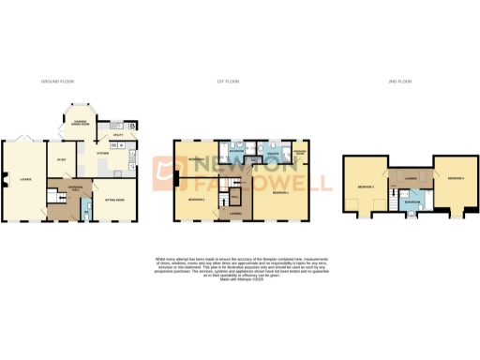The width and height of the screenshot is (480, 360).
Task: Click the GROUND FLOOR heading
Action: click(56, 82)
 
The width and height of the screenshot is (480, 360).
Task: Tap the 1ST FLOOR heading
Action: click(229, 82)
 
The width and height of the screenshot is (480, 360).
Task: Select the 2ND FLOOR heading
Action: click(400, 82)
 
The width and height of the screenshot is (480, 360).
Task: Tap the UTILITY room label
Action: click(118, 135)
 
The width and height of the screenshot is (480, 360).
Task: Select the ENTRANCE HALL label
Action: click(67, 187)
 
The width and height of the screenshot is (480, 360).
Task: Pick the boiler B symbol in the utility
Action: click(132, 125)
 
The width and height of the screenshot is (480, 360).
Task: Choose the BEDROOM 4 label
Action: click(457, 178)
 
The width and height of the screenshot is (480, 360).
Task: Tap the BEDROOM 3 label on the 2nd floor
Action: click(366, 188)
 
